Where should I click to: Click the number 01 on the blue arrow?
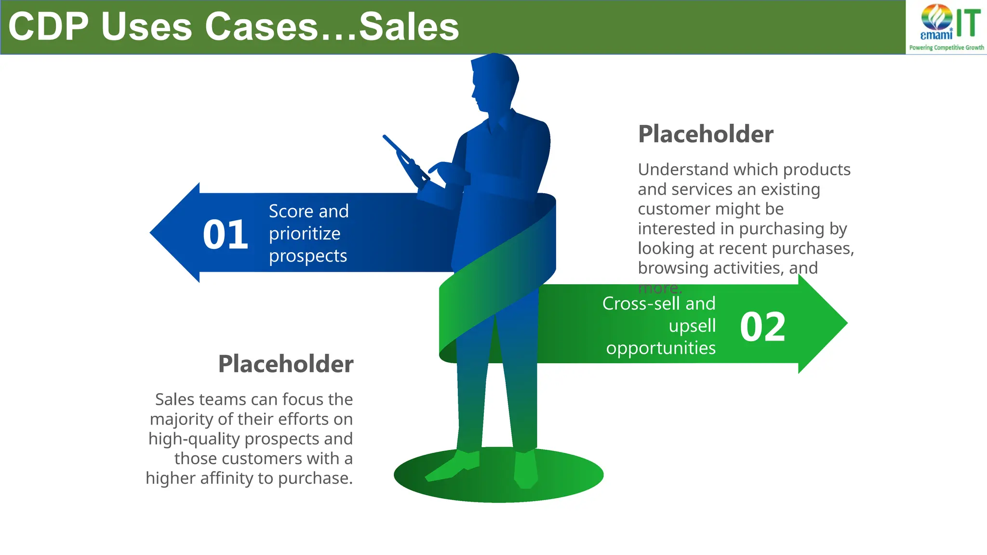pos(225,235)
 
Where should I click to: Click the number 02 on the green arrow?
pos(762,327)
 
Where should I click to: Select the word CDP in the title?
pos(48,27)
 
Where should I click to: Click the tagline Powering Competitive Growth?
pos(947,48)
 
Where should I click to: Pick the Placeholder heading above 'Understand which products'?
pos(706,134)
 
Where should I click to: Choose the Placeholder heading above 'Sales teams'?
pos(286,364)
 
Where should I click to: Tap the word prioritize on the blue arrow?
pos(305,234)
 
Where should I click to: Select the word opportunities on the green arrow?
pos(661,348)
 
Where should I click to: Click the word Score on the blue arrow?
pos(291,211)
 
